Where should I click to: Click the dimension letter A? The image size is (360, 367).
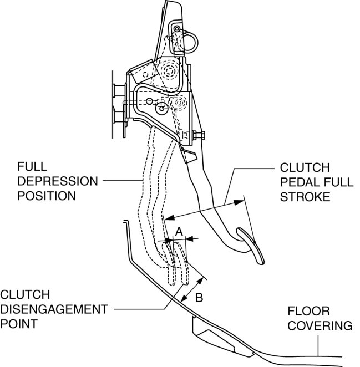pyautogui.click(x=179, y=230)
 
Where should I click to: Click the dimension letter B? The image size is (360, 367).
pyautogui.click(x=199, y=298)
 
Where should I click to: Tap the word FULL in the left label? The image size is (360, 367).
pyautogui.click(x=29, y=167)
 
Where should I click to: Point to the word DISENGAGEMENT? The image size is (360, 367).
pyautogui.click(x=53, y=309)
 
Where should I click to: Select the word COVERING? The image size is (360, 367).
pyautogui.click(x=320, y=326)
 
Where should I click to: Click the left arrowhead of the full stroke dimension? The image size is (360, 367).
pyautogui.click(x=169, y=217)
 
